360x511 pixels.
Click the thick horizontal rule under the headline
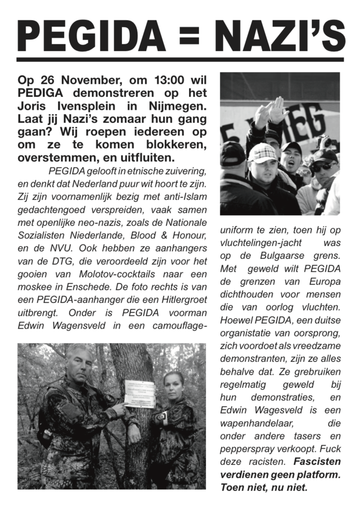(180, 59)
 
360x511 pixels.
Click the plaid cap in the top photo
(262, 152)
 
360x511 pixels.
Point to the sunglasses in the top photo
(323, 167)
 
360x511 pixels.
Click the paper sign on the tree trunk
(139, 393)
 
